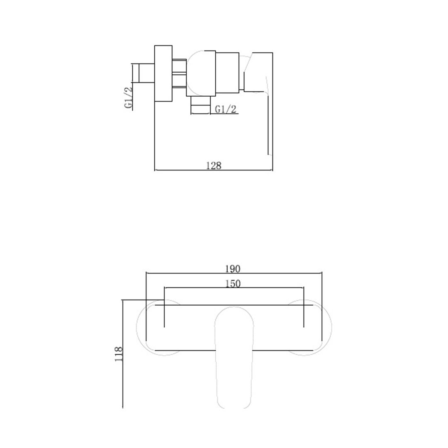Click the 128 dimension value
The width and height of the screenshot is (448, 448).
(214, 166)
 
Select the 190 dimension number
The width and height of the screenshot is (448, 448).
(233, 269)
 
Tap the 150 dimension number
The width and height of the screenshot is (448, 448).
(233, 284)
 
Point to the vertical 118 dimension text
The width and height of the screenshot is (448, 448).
(119, 354)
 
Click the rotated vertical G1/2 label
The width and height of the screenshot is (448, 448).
(129, 98)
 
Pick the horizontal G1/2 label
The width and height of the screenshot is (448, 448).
(226, 109)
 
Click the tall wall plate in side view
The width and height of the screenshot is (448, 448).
(163, 73)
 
